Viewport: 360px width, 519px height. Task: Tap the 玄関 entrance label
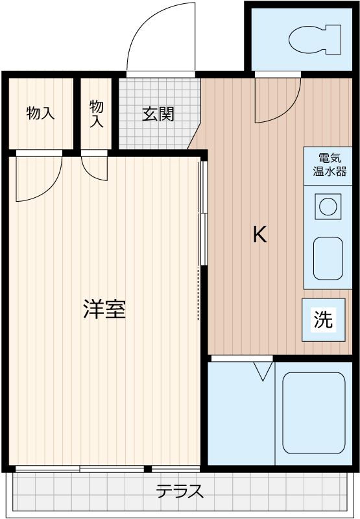coord(158,115)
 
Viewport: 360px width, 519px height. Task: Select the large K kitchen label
coord(259,234)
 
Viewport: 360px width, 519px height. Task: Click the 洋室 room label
coord(104,309)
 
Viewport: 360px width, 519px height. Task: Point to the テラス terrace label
coord(180,491)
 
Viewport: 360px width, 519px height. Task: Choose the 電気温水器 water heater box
coord(328,165)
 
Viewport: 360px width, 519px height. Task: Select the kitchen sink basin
coord(328,258)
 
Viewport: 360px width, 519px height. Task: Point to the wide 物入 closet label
coord(40,114)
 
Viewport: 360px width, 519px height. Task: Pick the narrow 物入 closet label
coord(96,114)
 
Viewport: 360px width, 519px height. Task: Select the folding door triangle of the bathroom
coord(263,370)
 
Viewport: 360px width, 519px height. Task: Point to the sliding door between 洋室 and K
coord(203,214)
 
